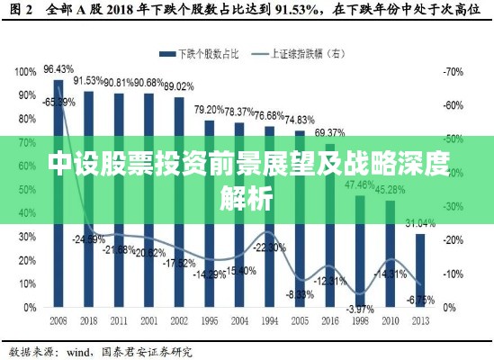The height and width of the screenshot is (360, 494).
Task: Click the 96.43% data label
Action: tap(58, 69)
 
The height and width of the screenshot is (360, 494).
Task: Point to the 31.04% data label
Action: tap(421, 223)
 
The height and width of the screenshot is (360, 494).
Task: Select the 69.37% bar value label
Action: tap(329, 133)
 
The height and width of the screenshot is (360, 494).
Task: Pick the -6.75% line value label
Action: tap(420, 301)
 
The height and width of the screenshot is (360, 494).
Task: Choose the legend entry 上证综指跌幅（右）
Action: tap(296, 52)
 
